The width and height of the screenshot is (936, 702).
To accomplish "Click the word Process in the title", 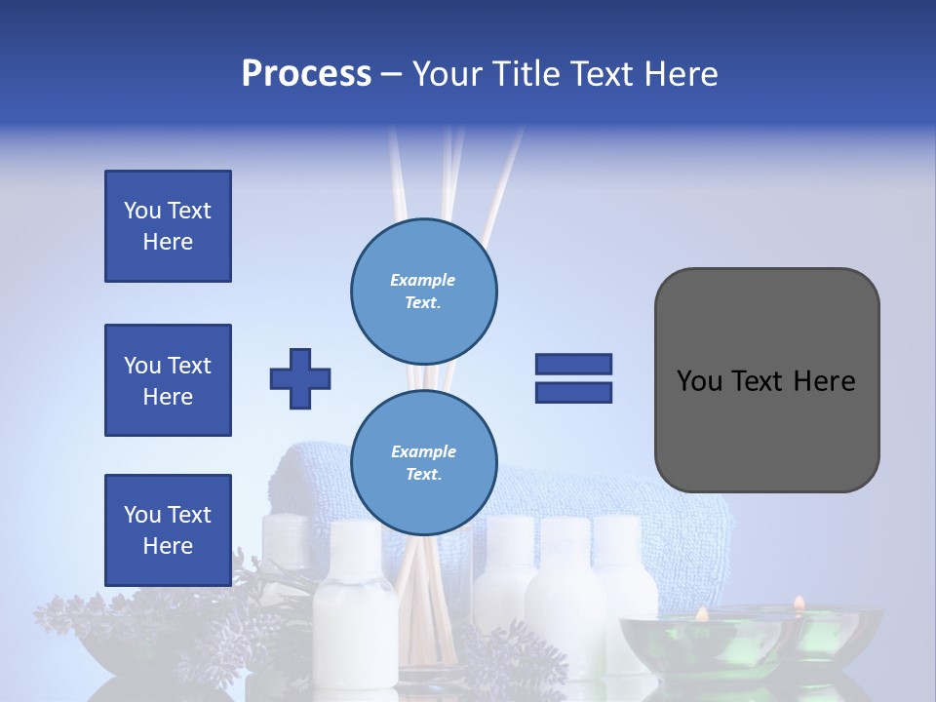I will [306, 74].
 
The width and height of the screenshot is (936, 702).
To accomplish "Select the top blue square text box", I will [168, 226].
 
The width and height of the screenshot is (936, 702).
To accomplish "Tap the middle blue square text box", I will [168, 380].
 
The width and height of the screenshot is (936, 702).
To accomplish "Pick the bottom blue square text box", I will [168, 529].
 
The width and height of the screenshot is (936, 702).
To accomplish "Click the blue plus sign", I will [300, 378].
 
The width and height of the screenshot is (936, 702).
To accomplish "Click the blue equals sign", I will [573, 378].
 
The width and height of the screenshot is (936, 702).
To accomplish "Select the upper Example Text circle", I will [423, 291].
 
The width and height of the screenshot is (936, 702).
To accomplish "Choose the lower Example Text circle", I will [423, 462].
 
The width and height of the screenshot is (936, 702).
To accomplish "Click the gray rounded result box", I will [766, 380].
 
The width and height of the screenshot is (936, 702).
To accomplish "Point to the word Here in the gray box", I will [825, 381].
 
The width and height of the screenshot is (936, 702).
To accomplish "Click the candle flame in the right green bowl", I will [799, 604].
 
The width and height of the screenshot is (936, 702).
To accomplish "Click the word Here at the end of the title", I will [680, 74].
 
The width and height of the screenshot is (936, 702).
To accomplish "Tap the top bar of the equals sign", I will [573, 365].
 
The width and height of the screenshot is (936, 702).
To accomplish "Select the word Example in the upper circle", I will [423, 280].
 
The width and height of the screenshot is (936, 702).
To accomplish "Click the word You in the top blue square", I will [142, 211].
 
